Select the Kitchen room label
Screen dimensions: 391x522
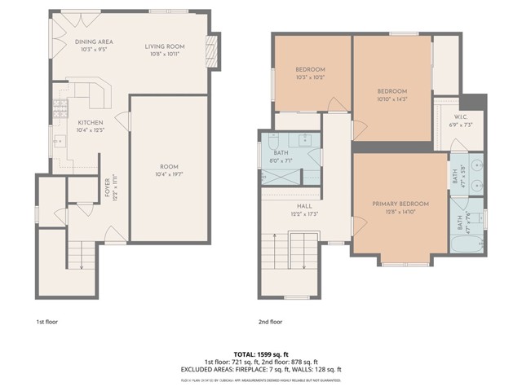(x=91, y=126)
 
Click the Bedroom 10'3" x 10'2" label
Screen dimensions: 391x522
(x=310, y=73)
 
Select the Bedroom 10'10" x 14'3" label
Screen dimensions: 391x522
(x=391, y=94)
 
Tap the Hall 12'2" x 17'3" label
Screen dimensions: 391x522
(x=305, y=210)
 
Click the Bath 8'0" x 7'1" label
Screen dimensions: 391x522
(x=282, y=157)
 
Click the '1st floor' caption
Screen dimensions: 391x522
(x=47, y=322)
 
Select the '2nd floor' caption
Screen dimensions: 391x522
(x=269, y=322)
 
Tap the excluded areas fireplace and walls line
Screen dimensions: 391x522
(x=260, y=369)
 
